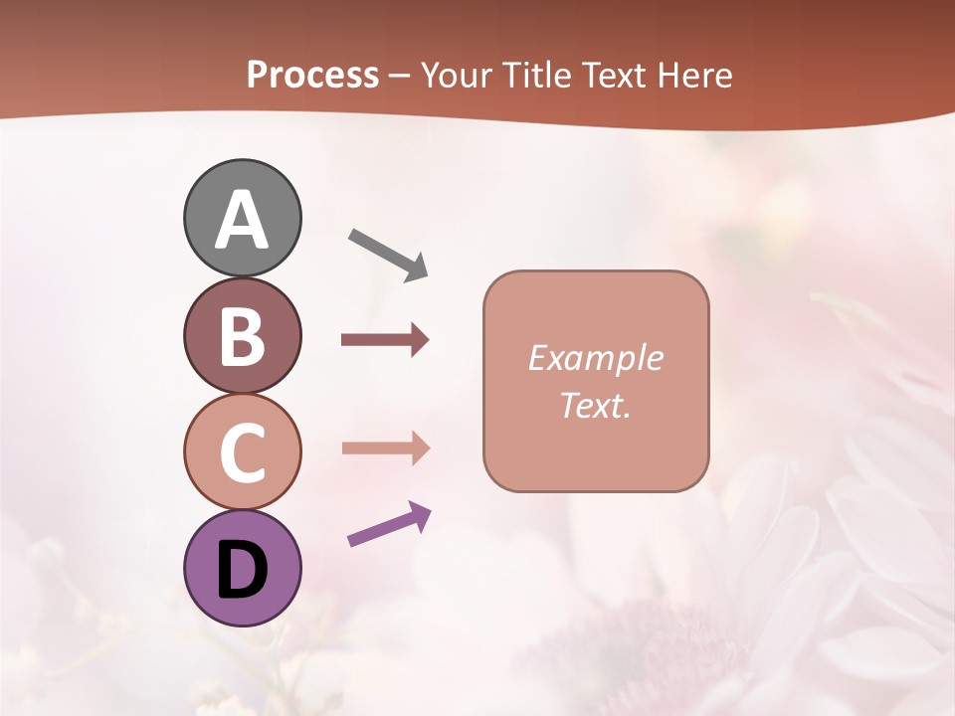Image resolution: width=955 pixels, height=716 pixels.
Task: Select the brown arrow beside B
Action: coord(385,340)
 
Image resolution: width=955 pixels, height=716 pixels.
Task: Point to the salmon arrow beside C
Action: coord(385,448)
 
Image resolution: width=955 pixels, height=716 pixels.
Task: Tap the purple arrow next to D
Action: coord(389,524)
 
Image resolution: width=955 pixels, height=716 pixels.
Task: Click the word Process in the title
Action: coord(312,76)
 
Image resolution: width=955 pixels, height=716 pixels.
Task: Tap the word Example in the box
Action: coord(595,358)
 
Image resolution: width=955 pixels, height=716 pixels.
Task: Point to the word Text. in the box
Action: coord(595,405)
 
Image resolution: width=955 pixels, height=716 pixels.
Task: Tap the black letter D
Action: coord(242,571)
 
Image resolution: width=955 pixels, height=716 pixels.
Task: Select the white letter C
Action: coord(242,452)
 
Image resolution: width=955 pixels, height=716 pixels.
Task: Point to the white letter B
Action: coord(242,336)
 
